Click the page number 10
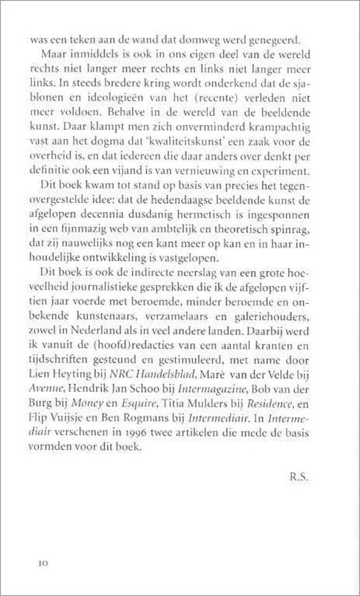pyautogui.click(x=41, y=562)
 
